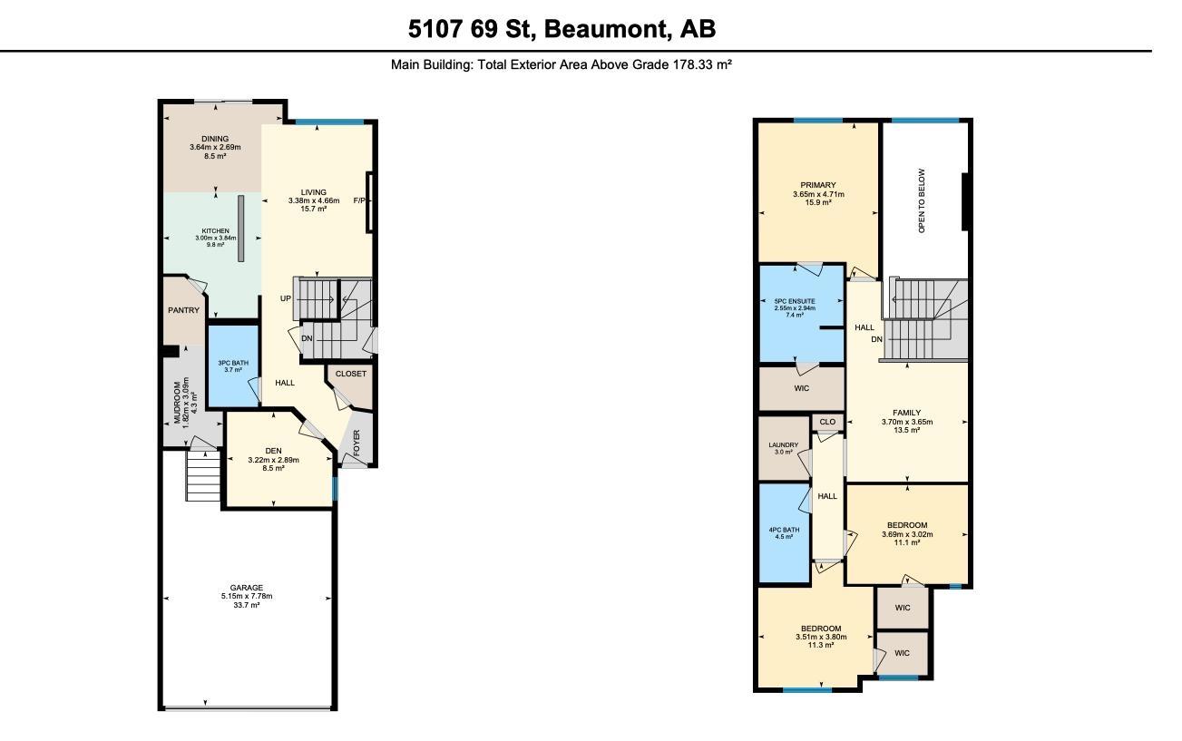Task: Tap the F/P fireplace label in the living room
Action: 361,201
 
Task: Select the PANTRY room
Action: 183,310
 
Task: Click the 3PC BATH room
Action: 233,366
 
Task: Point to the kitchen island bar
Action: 241,228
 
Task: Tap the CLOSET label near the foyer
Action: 351,374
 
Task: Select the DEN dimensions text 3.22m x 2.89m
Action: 273,460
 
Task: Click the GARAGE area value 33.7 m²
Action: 247,605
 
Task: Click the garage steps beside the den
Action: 202,476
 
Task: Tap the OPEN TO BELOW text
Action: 922,200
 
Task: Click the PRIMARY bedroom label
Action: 818,185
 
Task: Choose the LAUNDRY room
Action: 783,447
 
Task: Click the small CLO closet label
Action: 827,422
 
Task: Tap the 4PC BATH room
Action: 783,532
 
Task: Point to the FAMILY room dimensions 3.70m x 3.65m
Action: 906,422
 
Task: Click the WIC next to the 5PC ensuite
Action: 801,388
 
